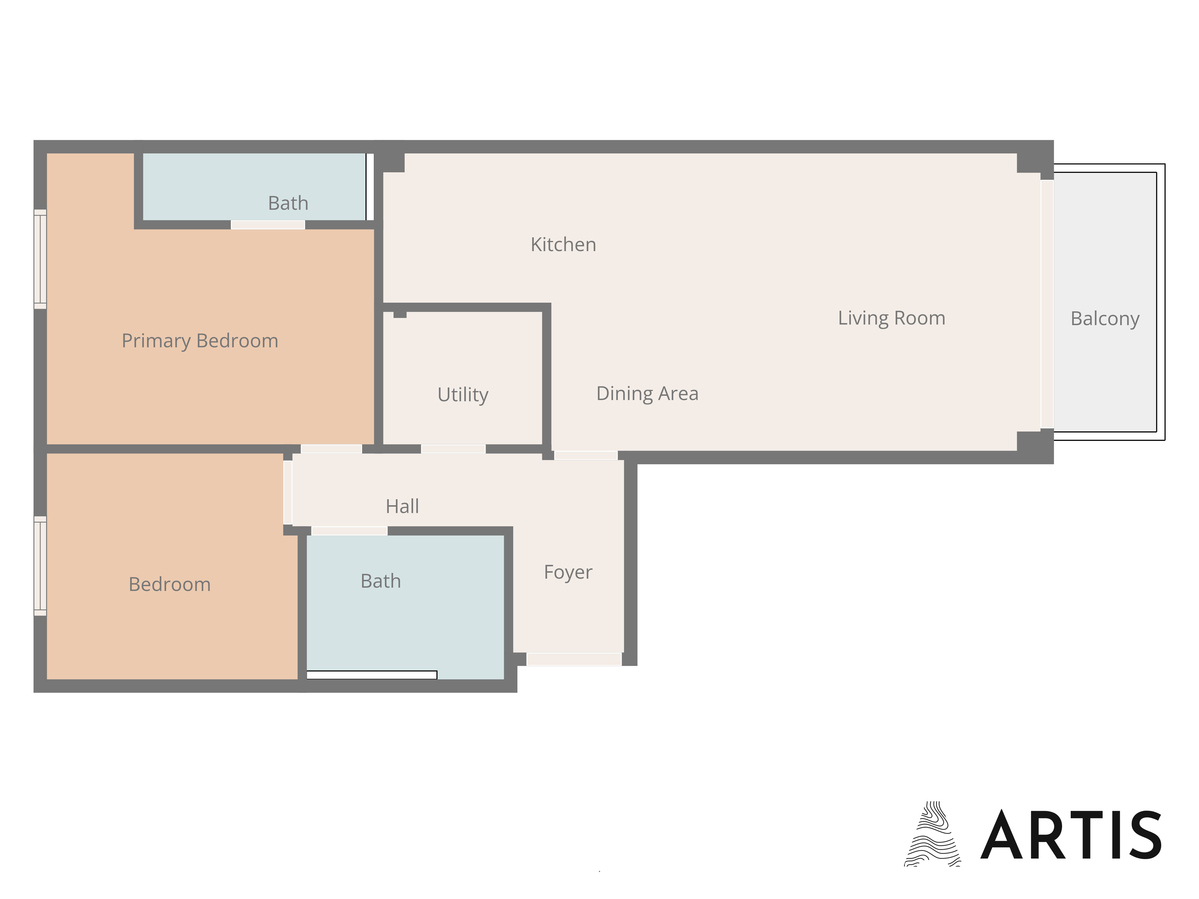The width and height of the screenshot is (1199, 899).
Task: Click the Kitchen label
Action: [x=563, y=245]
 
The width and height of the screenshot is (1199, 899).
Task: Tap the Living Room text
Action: [x=892, y=318]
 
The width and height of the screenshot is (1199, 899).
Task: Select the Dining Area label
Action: [x=647, y=393]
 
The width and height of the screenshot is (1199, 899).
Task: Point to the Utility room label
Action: [x=463, y=394]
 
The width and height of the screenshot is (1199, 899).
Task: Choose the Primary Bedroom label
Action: [x=200, y=341]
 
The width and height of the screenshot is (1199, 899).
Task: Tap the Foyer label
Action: [x=568, y=572]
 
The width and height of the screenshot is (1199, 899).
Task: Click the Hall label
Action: [x=402, y=506]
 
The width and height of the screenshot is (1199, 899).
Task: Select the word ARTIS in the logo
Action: [x=1071, y=835]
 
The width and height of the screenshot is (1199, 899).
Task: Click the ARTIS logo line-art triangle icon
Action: [x=932, y=835]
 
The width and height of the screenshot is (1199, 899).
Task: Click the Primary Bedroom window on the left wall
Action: [x=40, y=259]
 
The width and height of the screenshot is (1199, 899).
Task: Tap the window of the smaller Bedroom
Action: [x=40, y=566]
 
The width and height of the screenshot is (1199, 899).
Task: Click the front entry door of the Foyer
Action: [x=574, y=659]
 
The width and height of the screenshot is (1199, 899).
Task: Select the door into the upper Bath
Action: [x=268, y=225]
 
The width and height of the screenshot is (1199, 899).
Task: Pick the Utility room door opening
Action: [x=453, y=449]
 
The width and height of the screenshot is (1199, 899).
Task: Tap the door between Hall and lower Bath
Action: [x=349, y=530]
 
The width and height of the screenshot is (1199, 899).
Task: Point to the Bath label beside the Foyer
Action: [x=380, y=581]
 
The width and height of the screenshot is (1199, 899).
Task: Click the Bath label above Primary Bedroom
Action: [x=288, y=203]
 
